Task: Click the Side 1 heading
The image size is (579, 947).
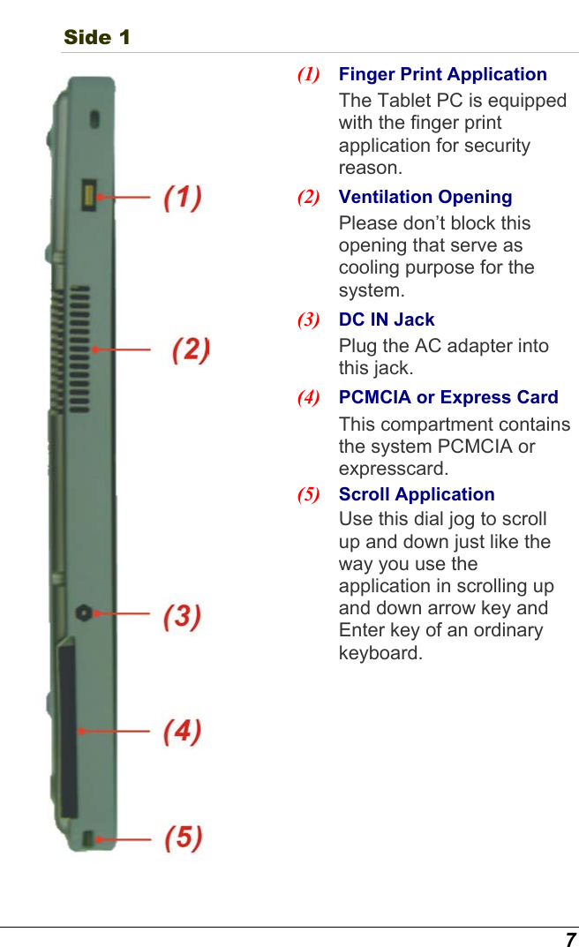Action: [x=97, y=37]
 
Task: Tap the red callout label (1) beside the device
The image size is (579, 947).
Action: [x=183, y=196]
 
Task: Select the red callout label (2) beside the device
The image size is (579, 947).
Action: [x=190, y=349]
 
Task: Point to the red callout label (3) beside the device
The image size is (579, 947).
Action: [x=183, y=615]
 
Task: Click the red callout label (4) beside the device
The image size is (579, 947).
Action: [x=183, y=731]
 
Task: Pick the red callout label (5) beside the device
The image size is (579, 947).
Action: [x=183, y=837]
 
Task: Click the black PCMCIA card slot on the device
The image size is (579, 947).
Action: [x=68, y=731]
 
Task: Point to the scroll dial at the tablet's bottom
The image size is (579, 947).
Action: [x=88, y=837]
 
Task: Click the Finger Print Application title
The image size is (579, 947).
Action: [x=442, y=74]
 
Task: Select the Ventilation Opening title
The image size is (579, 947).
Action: [x=425, y=197]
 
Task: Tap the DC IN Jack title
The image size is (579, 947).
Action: [x=387, y=319]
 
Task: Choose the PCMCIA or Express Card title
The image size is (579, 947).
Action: [x=448, y=397]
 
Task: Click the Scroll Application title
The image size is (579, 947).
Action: [x=417, y=494]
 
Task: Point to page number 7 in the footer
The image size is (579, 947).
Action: [x=570, y=939]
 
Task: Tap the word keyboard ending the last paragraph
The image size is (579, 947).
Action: [x=379, y=653]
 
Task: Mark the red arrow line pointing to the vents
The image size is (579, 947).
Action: [x=124, y=349]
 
